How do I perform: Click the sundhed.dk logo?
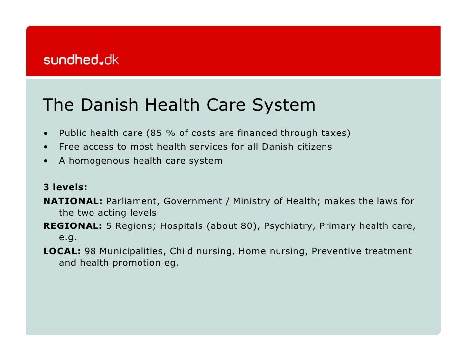point(81,60)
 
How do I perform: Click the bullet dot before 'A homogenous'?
point(46,161)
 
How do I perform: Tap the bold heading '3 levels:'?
point(65,187)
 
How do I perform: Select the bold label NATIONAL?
point(73,201)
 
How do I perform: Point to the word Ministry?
point(252,201)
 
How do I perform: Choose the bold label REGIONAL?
point(73,226)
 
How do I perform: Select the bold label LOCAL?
point(62,251)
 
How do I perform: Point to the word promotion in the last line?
point(137,263)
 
